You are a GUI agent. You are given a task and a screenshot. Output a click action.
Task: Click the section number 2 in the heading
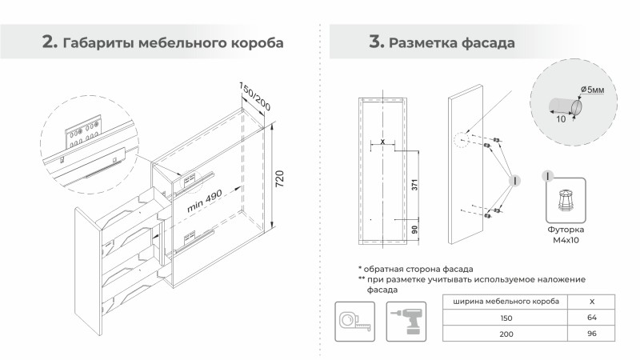50,42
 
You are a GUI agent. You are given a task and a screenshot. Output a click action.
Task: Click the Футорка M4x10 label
567,234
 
